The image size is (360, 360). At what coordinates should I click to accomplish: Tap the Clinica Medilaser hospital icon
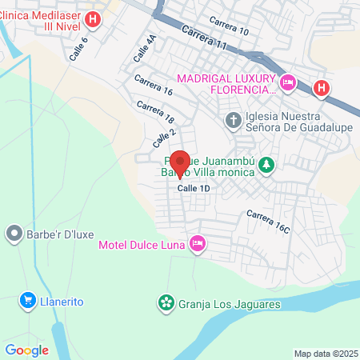click(94, 19)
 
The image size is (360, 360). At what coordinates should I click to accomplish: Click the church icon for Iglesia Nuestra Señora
click(233, 121)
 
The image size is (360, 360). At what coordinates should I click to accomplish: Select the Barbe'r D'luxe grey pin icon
click(14, 234)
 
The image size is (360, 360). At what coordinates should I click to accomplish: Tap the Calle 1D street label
click(193, 187)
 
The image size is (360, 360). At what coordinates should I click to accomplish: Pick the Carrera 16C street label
click(268, 222)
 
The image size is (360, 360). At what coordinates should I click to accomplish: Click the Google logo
click(26, 350)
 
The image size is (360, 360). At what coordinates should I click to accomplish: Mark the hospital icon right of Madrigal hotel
click(322, 87)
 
